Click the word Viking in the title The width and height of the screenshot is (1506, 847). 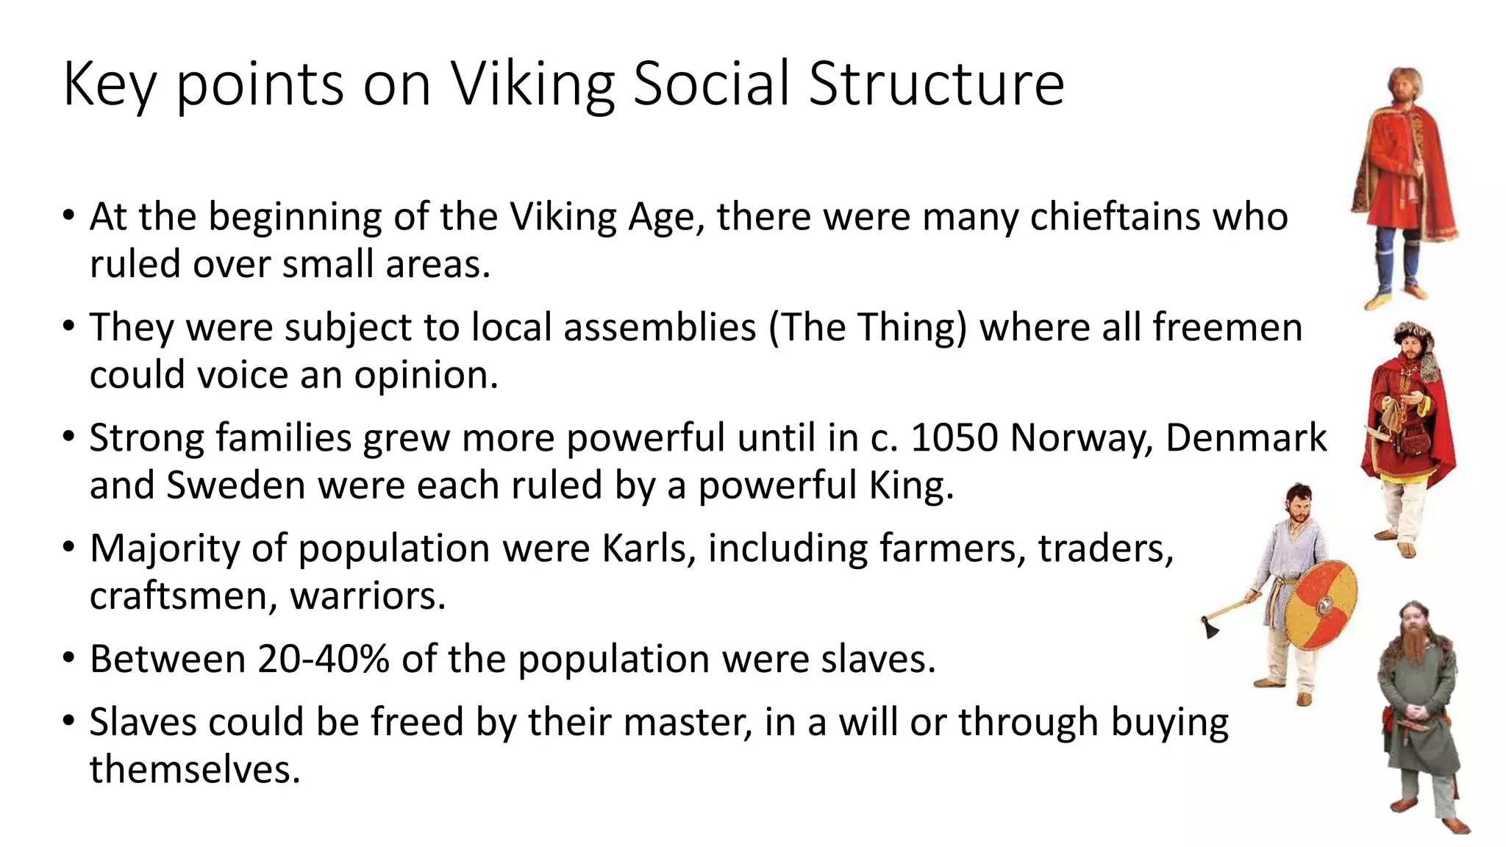point(532,85)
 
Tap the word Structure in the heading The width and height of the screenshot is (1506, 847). point(936,85)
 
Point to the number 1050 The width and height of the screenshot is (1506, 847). point(954,437)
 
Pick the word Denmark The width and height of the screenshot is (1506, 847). point(1246,437)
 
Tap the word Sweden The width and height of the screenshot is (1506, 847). point(235,485)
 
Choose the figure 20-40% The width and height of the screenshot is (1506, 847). point(324,659)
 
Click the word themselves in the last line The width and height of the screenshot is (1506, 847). point(195,770)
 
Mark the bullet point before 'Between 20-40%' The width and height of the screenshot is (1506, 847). point(68,657)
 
